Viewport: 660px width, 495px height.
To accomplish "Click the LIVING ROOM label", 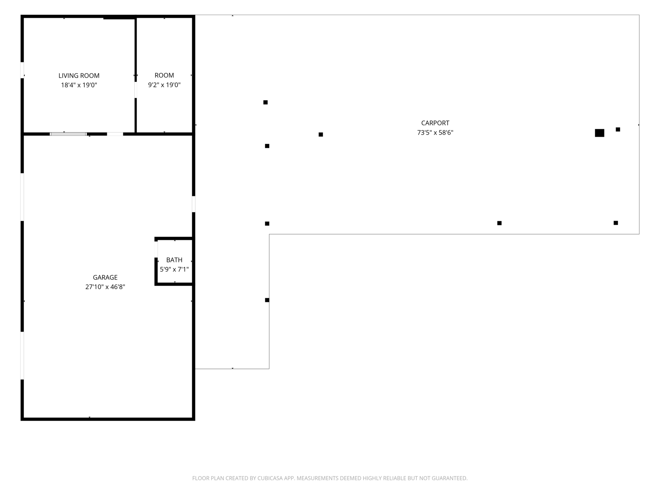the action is (79, 76).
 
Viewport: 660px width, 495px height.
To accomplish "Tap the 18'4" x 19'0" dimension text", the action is (79, 85).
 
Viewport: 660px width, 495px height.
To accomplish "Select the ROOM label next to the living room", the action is (164, 75).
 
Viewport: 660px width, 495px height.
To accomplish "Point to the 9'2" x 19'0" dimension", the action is (164, 85).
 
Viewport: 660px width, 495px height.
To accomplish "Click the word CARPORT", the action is (435, 123).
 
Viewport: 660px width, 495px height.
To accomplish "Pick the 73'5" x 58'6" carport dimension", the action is (435, 133).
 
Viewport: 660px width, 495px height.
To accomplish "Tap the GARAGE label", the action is (105, 278).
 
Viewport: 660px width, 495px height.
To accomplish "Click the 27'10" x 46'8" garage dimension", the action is (105, 287).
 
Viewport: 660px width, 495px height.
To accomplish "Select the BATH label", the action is (174, 260).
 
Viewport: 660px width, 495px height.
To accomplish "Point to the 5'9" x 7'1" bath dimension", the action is (174, 269).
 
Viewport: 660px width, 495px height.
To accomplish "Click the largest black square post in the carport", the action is (600, 133).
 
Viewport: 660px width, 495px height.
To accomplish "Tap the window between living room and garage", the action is (68, 134).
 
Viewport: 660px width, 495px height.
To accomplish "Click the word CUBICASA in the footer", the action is (270, 478).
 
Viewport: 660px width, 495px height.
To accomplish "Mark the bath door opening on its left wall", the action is (156, 249).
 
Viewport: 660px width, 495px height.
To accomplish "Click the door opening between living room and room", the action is (136, 90).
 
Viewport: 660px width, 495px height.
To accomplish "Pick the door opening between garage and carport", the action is (194, 204).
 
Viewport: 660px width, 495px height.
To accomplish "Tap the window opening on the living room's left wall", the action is (22, 70).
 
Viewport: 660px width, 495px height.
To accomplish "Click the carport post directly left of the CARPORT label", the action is (321, 135).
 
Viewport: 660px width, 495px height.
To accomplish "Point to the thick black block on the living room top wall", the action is (119, 17).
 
